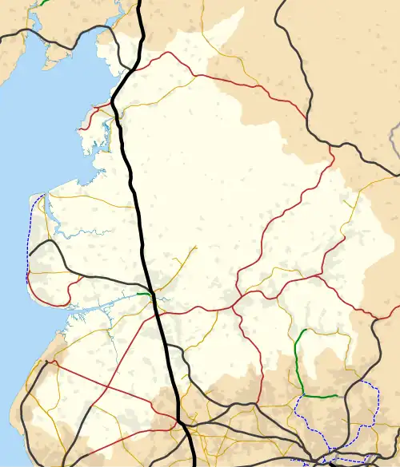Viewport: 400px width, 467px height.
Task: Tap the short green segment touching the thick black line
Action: point(144,295)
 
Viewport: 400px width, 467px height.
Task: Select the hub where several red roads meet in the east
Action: point(234,304)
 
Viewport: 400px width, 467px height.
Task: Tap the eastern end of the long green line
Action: point(338,396)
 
